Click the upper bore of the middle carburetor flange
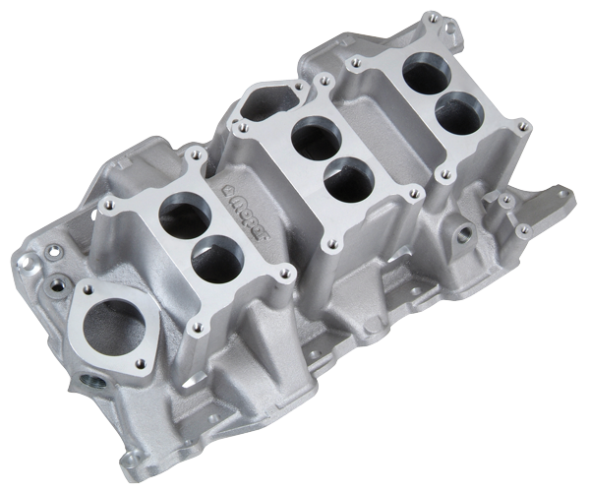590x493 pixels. click(x=317, y=138)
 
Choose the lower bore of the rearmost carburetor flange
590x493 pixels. click(x=457, y=112)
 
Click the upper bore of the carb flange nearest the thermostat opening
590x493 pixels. click(x=184, y=218)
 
